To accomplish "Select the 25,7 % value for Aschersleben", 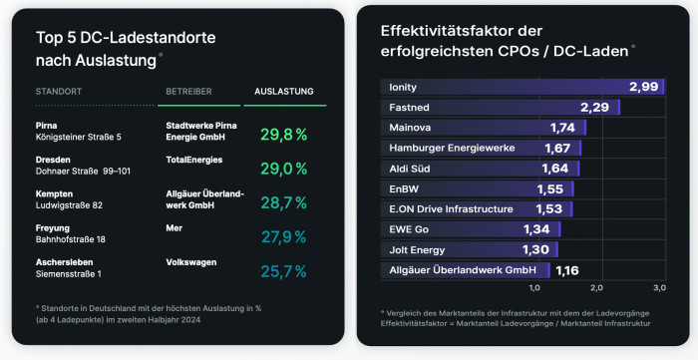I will [283, 271].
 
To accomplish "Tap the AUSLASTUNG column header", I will [284, 92].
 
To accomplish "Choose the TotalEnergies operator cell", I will [194, 160].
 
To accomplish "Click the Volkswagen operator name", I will [191, 261].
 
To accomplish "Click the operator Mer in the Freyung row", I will [174, 227].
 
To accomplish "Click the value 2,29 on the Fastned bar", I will [595, 107].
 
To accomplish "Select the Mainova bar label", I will [411, 128].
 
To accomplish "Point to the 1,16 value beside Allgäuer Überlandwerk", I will [566, 270].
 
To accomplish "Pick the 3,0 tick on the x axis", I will [659, 287].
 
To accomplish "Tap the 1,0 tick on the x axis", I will [534, 287].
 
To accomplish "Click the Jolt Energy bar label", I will [417, 249].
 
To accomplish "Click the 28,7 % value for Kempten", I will [283, 203].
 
